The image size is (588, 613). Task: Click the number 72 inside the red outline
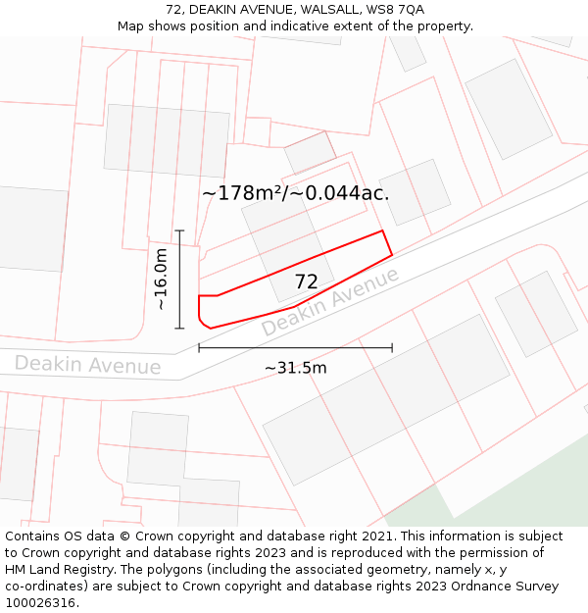(306, 282)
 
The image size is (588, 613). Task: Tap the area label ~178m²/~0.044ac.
(295, 193)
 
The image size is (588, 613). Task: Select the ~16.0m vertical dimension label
(162, 280)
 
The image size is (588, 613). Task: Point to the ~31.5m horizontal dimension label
(295, 368)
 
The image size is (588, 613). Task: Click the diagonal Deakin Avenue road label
(331, 301)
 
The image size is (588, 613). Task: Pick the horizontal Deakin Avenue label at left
(87, 365)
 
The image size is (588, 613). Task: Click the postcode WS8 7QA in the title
(400, 10)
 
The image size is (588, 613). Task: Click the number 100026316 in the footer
(40, 603)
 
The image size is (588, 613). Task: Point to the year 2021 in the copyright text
(373, 536)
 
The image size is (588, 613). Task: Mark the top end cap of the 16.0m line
(180, 230)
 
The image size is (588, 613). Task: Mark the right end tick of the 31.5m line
(392, 347)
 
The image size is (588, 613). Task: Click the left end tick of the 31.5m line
(199, 347)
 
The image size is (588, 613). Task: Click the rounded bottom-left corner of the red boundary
(202, 321)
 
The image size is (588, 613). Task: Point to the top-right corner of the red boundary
(381, 231)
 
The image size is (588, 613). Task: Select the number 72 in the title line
(173, 10)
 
